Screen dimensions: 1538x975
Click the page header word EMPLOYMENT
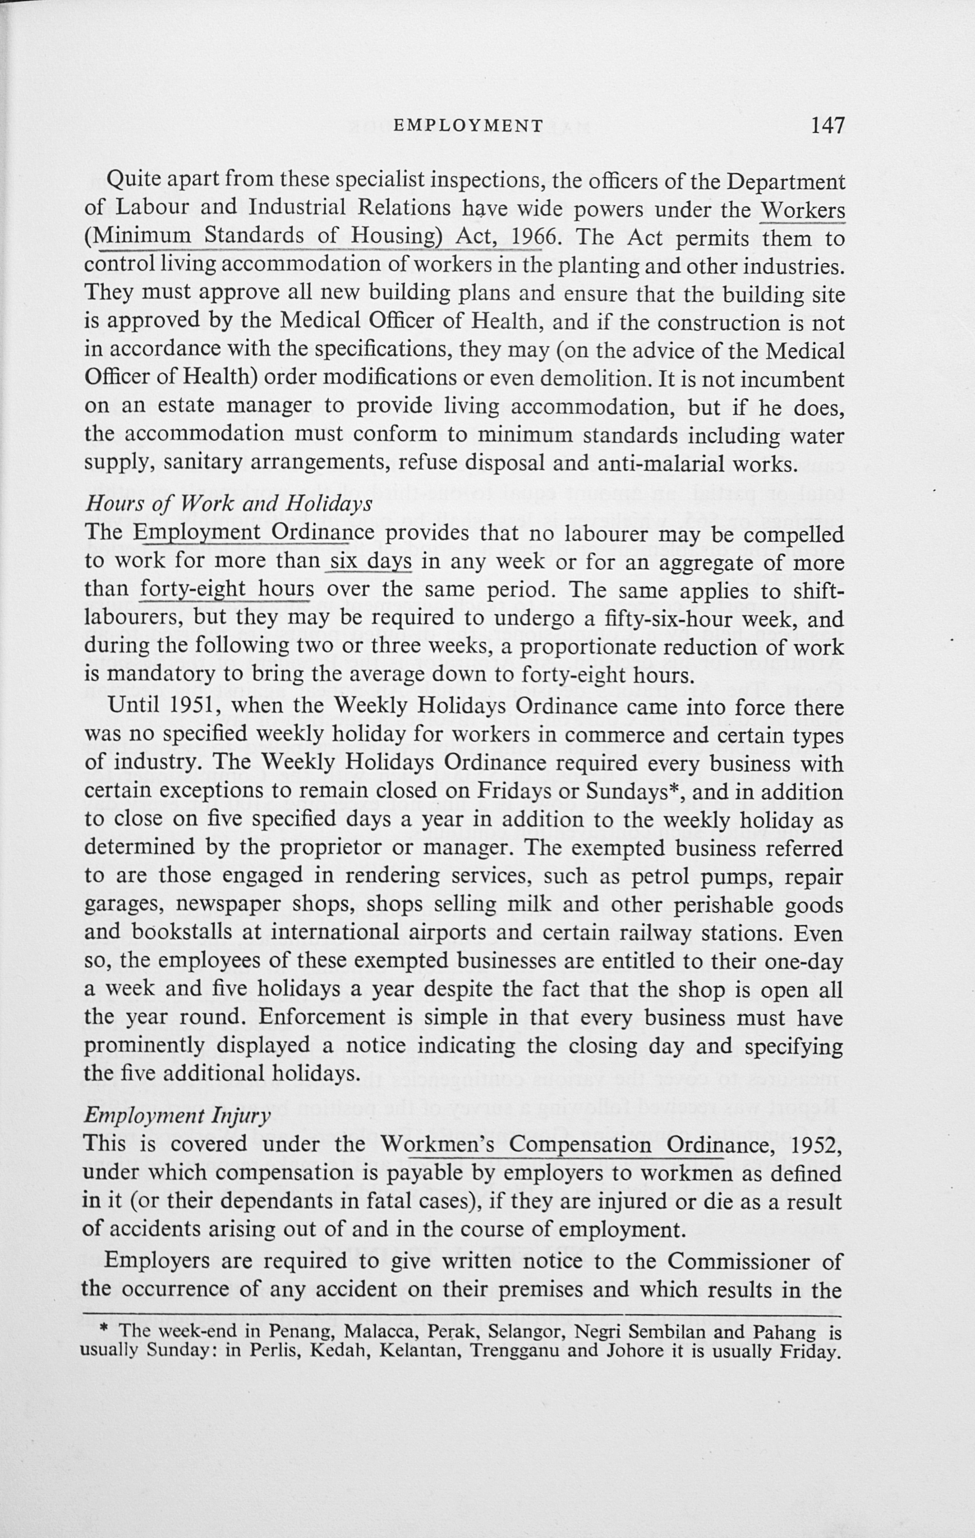tap(468, 125)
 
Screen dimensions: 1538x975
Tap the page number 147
tap(827, 125)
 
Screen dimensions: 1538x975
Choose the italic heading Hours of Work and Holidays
tap(228, 504)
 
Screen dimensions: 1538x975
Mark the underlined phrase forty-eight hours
tap(226, 590)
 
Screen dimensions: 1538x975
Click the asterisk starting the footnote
tap(105, 1331)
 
